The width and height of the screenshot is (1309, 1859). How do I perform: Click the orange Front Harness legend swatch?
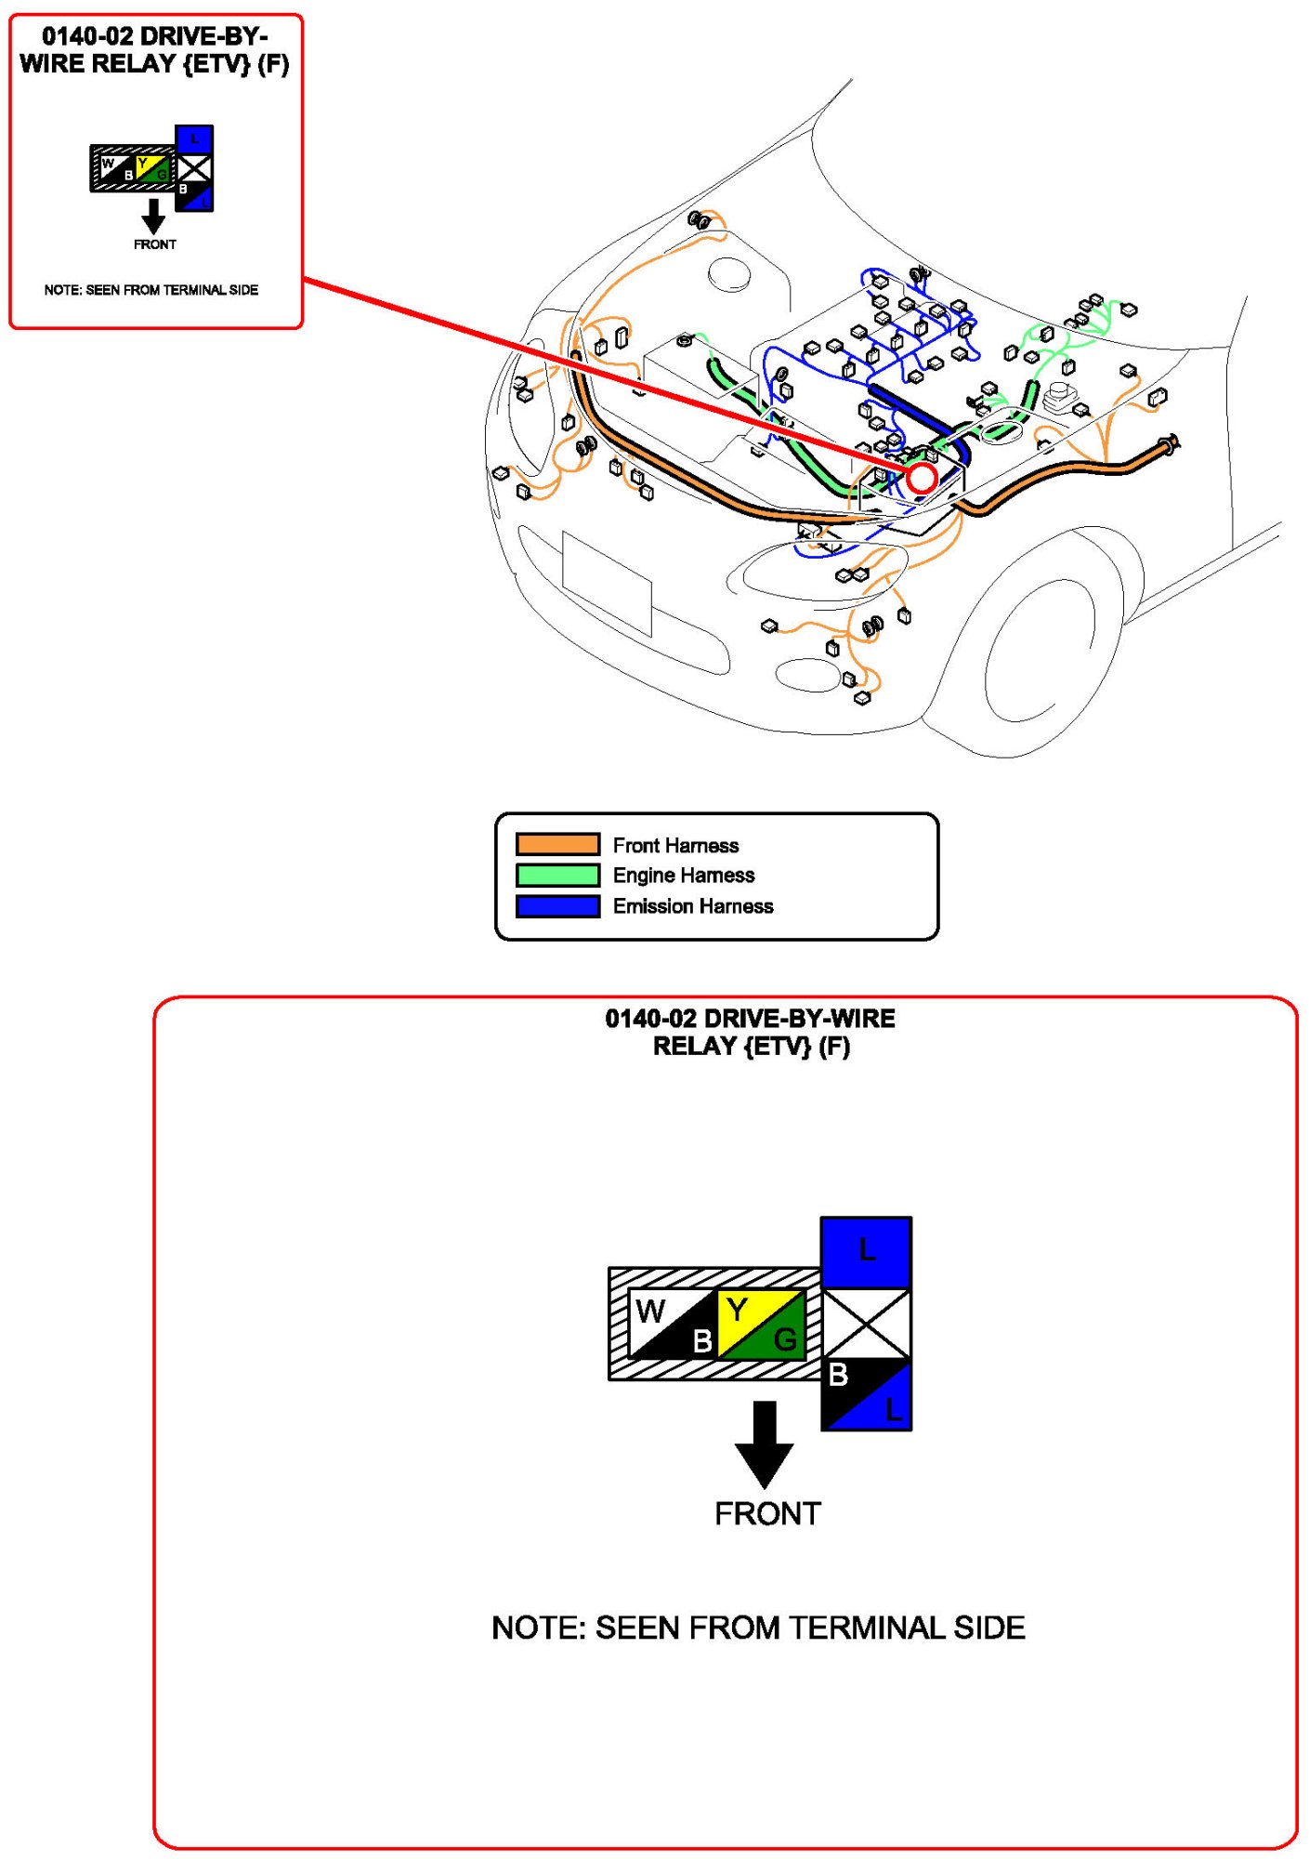(557, 844)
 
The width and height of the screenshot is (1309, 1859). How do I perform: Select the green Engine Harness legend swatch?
(557, 875)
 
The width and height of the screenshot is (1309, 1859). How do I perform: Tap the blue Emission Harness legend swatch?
(557, 905)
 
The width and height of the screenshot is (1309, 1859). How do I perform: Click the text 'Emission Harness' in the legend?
(692, 906)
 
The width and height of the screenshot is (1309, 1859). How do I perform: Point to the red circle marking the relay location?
(922, 479)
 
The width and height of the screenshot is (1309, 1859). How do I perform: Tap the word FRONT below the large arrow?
(767, 1514)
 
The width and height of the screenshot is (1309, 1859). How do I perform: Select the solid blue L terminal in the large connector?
(866, 1251)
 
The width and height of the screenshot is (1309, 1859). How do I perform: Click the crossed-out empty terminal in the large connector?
(866, 1323)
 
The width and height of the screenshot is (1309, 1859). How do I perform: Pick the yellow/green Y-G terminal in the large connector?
(761, 1325)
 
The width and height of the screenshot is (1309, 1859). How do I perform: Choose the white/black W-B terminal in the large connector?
(674, 1325)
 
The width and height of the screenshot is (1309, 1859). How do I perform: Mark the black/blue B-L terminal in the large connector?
(866, 1393)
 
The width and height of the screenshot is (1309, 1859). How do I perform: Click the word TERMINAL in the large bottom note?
(853, 1628)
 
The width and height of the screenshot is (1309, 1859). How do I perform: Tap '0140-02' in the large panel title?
(649, 1019)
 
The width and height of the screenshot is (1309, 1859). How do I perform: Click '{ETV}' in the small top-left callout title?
(217, 64)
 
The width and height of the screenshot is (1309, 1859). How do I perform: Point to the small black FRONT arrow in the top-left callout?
(153, 216)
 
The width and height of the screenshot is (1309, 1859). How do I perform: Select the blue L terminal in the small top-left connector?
(194, 139)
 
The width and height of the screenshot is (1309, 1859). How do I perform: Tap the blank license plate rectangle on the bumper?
(607, 583)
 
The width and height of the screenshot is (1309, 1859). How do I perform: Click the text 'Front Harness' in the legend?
(675, 845)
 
